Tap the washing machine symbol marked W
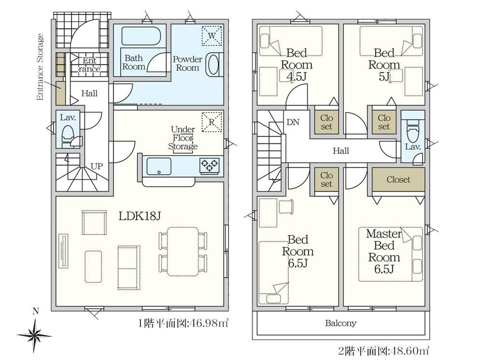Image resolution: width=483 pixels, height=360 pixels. (212, 36)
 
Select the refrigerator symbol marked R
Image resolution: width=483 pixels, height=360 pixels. (212, 122)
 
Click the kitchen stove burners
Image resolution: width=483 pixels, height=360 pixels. (210, 166)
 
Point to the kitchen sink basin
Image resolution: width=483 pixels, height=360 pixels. (159, 166)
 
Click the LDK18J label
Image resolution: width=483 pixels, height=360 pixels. (140, 216)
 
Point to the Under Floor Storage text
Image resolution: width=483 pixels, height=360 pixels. (183, 138)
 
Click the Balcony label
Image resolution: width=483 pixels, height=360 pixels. (341, 323)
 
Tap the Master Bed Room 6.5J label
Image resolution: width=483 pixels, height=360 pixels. (384, 251)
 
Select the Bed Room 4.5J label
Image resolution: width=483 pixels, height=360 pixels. (297, 65)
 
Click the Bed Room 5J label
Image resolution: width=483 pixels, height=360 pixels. (384, 65)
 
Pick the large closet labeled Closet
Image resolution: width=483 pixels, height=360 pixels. (398, 180)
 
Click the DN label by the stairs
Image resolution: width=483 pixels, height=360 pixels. (293, 122)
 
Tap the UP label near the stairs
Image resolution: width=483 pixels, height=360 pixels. (97, 166)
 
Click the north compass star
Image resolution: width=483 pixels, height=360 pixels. (35, 335)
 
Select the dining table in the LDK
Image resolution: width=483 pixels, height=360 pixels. (183, 251)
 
